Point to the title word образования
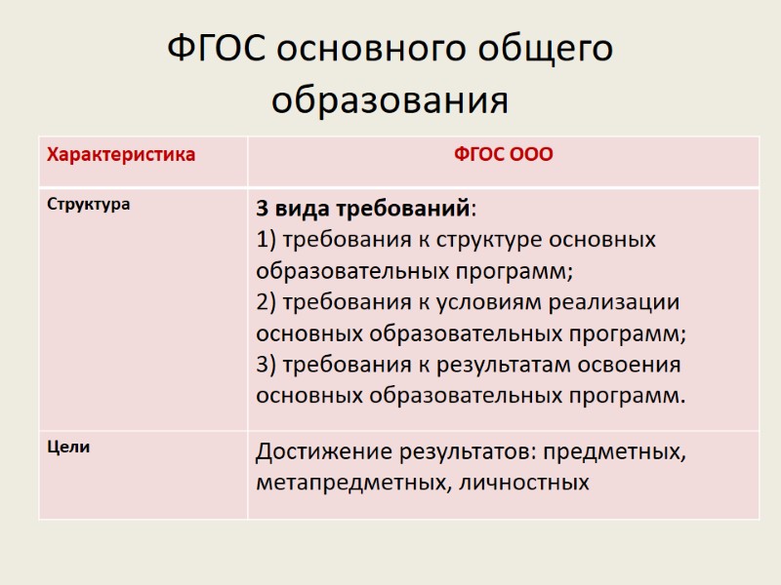(x=390, y=100)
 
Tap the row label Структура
(x=88, y=206)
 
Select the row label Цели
(x=68, y=448)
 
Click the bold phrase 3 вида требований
(x=363, y=210)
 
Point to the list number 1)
(x=267, y=240)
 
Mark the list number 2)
(x=267, y=302)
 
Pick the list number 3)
(x=267, y=365)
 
